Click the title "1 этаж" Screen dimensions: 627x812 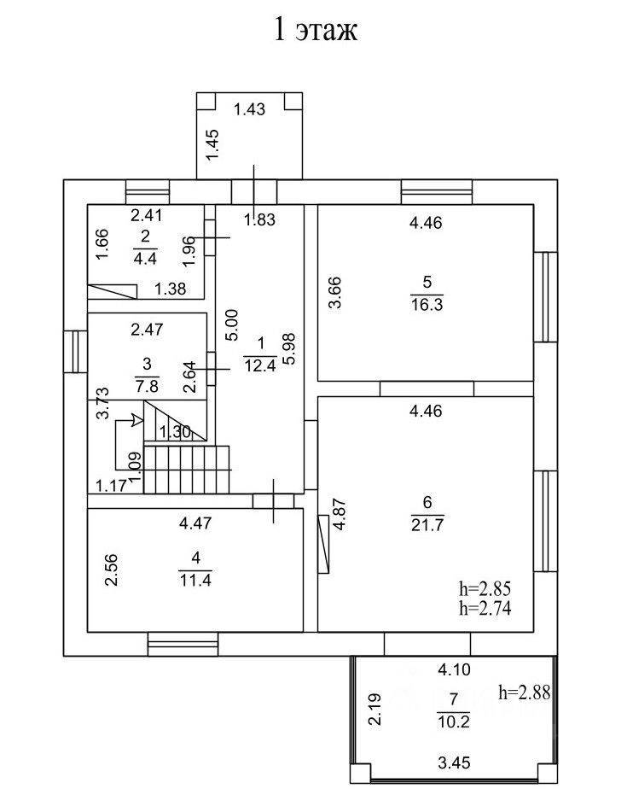(x=314, y=31)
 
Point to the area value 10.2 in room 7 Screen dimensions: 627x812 (x=453, y=721)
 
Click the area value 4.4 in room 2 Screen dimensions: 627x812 (x=145, y=254)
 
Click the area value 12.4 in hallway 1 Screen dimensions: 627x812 (x=261, y=367)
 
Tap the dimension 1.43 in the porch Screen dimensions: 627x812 (x=249, y=108)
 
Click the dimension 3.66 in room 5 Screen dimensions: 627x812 (x=334, y=293)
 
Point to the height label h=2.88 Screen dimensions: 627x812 (x=524, y=692)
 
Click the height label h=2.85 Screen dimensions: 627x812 (x=484, y=589)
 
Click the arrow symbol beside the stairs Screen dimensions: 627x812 (x=135, y=419)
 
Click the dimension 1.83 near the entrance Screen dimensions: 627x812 (x=259, y=220)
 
